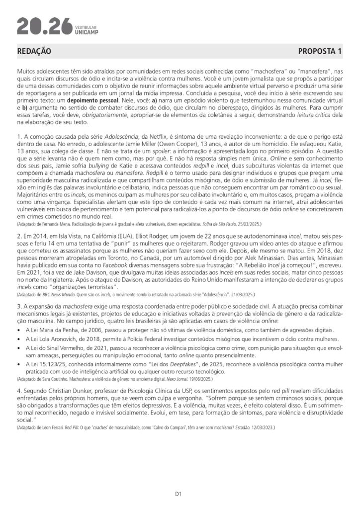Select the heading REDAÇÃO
click(x=34, y=51)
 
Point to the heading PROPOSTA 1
click(x=320, y=51)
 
